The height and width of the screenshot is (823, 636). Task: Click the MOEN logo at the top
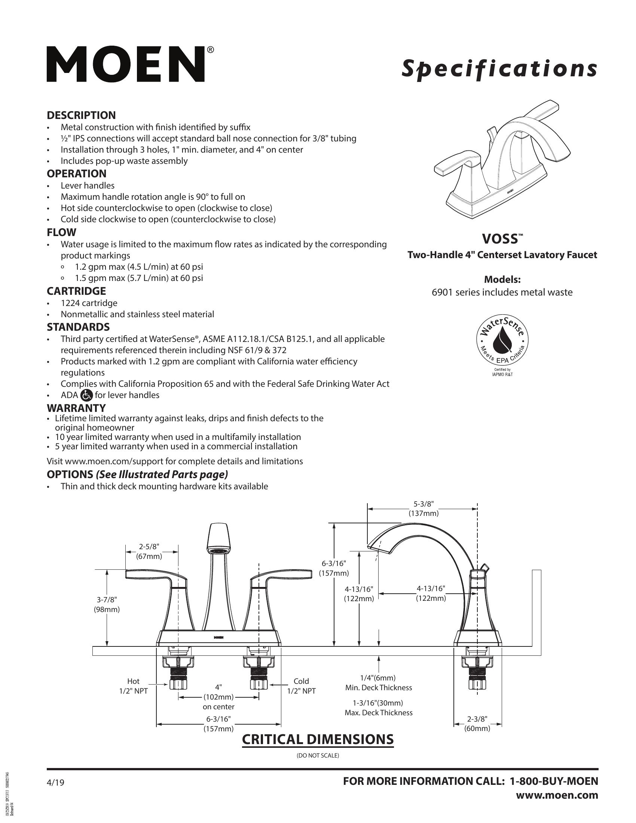(126, 64)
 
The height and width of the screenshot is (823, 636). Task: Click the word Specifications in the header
(499, 68)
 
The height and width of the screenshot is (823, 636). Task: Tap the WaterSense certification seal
(502, 338)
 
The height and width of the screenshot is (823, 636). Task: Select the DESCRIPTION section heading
(81, 115)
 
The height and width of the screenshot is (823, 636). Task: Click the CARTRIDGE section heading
(76, 291)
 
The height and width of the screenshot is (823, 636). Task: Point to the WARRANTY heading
(76, 408)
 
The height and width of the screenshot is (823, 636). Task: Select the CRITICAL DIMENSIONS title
(318, 739)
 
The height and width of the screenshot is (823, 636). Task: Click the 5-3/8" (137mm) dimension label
(424, 508)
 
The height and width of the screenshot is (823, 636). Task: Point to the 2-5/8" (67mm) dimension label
(149, 551)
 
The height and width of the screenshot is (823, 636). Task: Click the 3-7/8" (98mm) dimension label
(107, 605)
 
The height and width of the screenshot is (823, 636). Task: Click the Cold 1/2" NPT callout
(301, 686)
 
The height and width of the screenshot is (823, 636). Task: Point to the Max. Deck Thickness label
(378, 713)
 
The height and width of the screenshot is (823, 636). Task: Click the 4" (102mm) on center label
(218, 697)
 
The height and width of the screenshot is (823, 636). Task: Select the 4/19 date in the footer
(55, 783)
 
